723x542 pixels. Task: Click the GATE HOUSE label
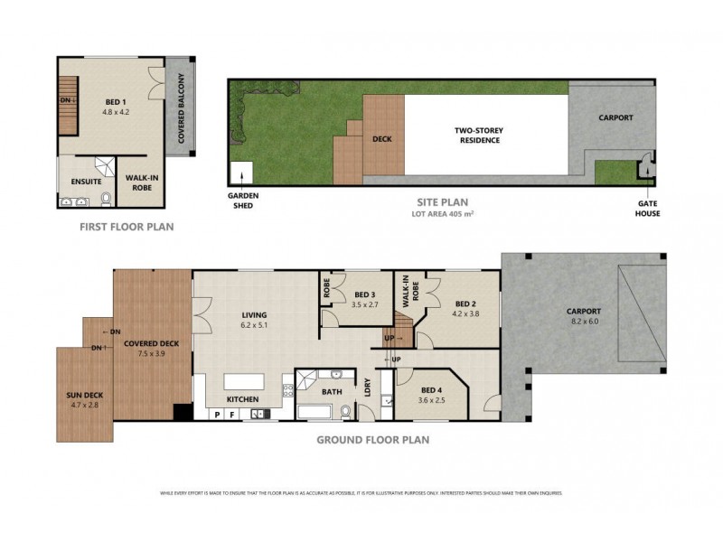pos(647,209)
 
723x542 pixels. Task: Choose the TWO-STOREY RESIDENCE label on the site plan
pos(479,135)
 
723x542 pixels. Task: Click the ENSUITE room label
pos(86,182)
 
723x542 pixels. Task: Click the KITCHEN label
pos(242,399)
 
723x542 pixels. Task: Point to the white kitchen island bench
pos(244,382)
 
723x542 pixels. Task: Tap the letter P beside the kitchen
pos(217,415)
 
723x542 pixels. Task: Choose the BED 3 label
pos(364,294)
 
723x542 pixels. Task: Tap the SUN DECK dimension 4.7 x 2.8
pos(83,406)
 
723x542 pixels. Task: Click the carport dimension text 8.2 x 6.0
pos(583,321)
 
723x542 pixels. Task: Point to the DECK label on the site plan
pos(381,140)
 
